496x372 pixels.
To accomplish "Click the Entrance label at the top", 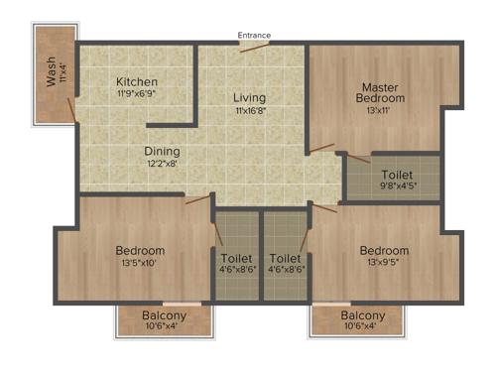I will [254, 36].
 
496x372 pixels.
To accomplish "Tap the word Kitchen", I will [137, 81].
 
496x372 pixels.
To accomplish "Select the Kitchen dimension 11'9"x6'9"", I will [137, 94].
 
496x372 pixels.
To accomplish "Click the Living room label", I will [249, 98].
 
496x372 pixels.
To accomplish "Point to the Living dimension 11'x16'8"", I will [250, 112].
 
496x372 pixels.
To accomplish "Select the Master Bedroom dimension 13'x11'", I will [383, 112].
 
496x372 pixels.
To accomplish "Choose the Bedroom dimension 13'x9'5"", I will [384, 263].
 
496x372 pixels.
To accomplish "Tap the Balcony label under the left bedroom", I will [166, 315].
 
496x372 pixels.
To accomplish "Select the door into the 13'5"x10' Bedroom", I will [198, 199].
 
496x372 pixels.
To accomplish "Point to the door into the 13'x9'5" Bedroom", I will [324, 207].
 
